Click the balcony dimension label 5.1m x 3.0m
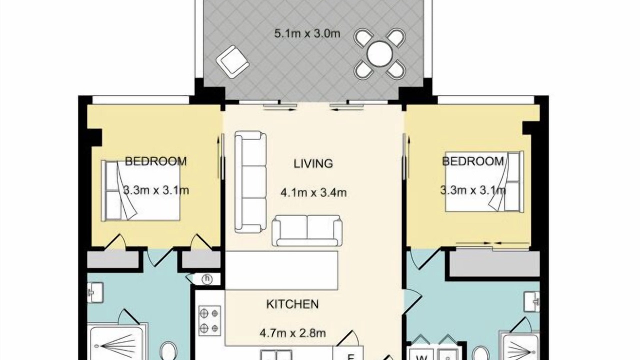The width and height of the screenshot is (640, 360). pos(307,33)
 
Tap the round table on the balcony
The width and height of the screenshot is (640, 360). pos(379,53)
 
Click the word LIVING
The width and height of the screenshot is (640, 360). pos(313,163)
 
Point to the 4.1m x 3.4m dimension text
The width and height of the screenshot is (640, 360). pos(313,192)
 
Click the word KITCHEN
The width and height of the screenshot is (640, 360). pos(292,304)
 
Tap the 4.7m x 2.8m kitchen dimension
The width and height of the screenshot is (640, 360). pos(292,333)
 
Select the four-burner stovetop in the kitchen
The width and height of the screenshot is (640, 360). pos(209,320)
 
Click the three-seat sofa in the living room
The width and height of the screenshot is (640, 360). pos(250,181)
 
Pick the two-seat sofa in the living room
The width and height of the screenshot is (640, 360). pos(307,231)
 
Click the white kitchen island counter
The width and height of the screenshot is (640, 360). pos(281,270)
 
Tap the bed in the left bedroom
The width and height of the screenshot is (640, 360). pos(140,190)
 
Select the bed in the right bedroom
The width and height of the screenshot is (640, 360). pos(484,181)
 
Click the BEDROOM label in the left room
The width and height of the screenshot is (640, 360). pos(155,161)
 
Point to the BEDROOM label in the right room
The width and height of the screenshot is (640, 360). pos(473,161)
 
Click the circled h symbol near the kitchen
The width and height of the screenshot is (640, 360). pos(206,279)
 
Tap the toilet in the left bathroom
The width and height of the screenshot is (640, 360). pos(169,351)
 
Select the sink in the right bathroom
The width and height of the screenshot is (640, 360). pos(531,301)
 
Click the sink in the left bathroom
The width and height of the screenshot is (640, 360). pos(95,292)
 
